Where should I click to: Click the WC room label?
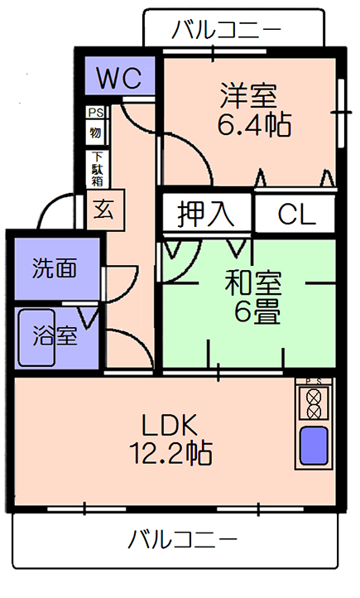click(119, 78)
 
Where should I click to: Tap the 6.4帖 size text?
click(254, 124)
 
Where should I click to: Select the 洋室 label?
click(249, 95)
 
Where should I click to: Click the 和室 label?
click(253, 282)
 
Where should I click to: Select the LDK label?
click(170, 425)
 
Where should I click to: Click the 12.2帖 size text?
click(170, 452)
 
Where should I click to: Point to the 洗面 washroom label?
click(55, 268)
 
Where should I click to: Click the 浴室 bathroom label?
click(55, 335)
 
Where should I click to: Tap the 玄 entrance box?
click(106, 210)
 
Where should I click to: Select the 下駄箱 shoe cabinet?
click(98, 169)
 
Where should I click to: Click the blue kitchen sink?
click(314, 445)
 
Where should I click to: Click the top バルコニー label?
click(226, 31)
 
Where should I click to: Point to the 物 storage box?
click(96, 133)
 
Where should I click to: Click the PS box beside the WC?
click(96, 113)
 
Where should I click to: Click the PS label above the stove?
click(314, 381)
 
